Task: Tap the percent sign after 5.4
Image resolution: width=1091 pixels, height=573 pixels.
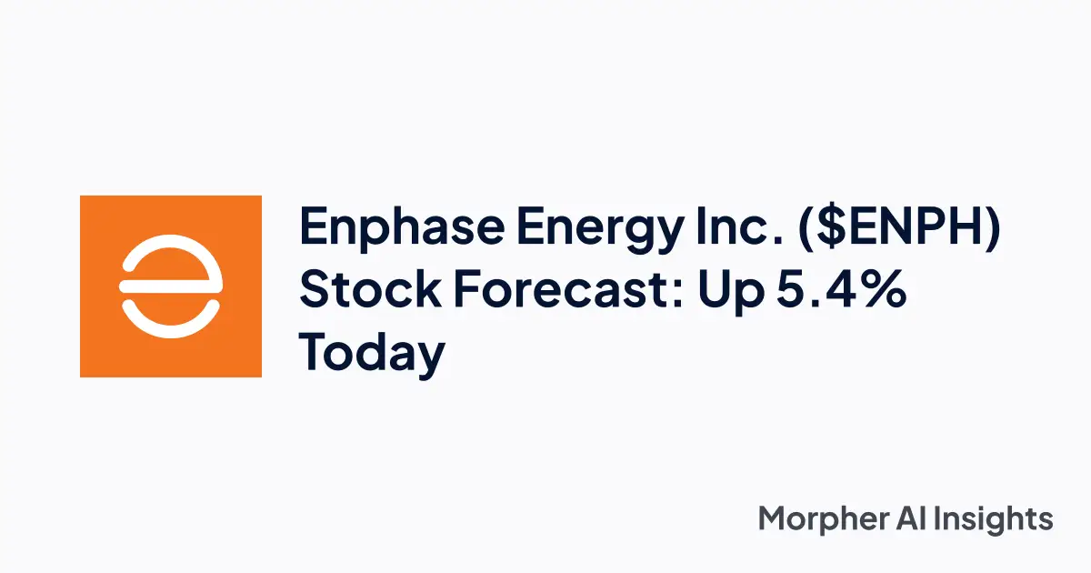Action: [886, 291]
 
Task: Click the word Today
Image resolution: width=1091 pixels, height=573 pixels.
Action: [373, 354]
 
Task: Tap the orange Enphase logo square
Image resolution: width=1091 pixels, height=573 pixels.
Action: [171, 286]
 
